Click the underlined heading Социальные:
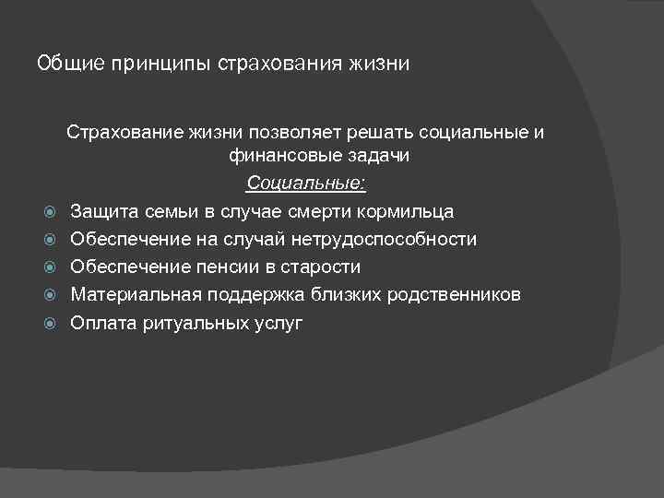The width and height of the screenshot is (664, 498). (x=306, y=184)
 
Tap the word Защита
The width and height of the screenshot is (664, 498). (x=103, y=211)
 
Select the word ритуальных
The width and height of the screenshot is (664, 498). (x=198, y=323)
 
